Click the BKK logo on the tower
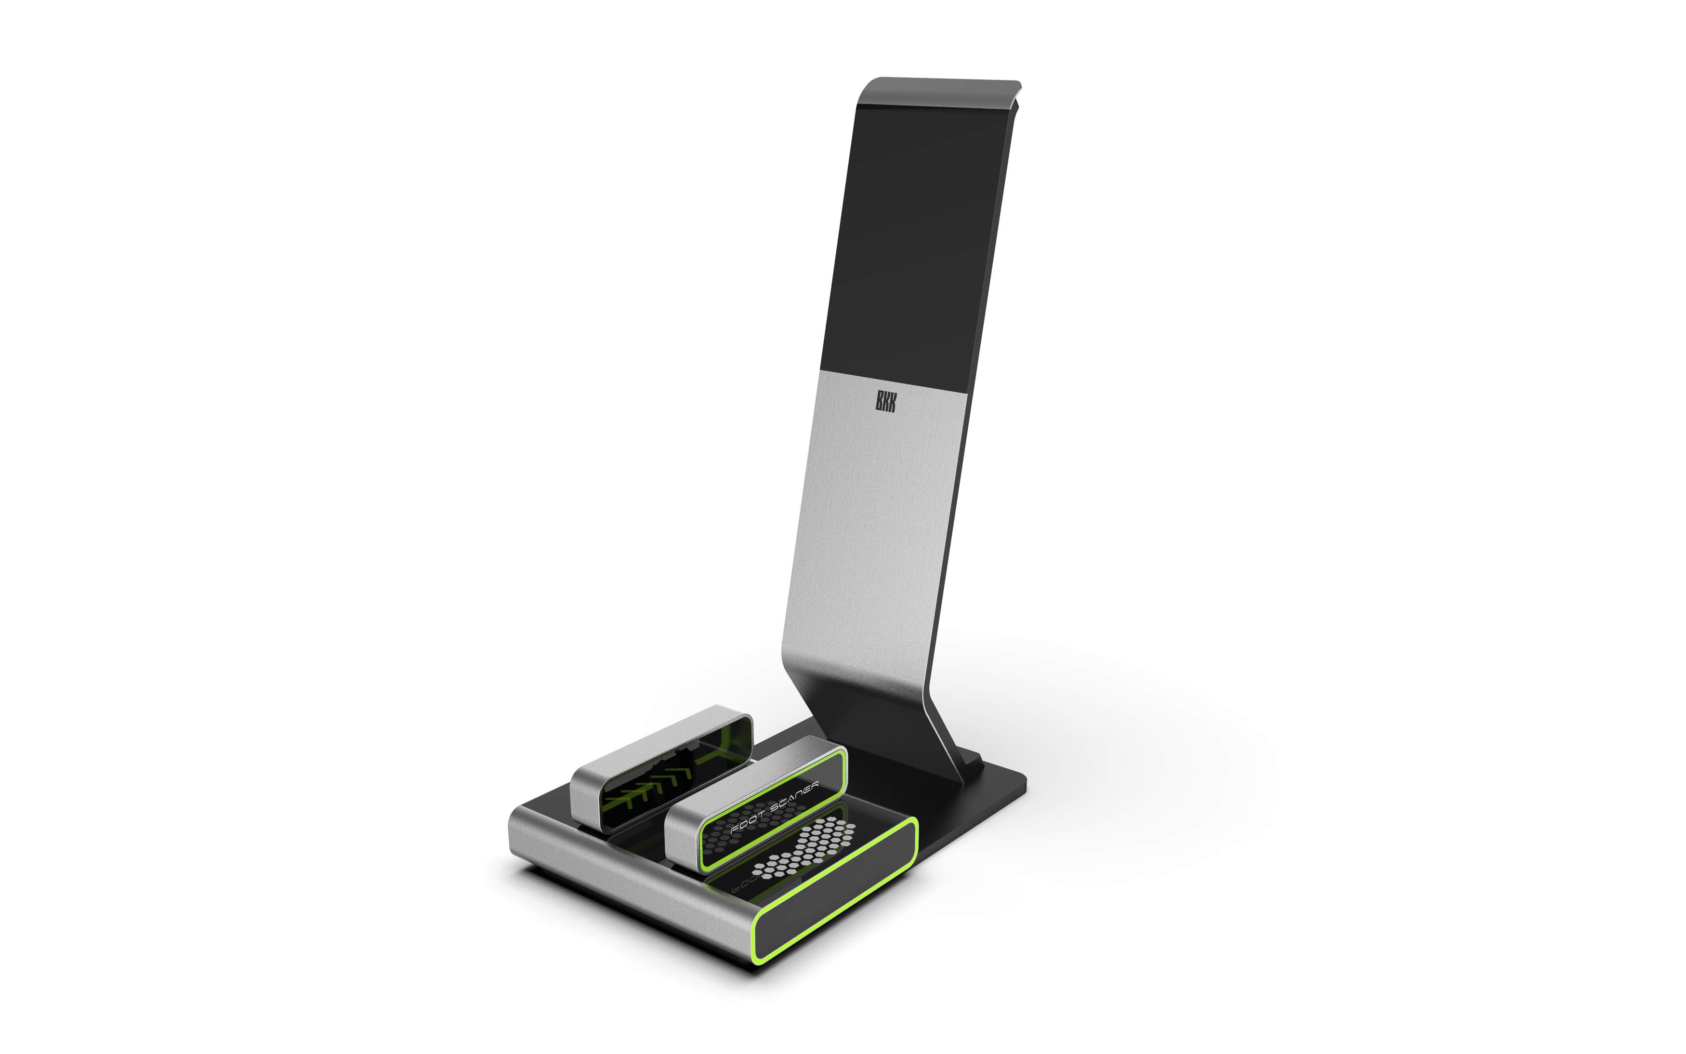(885, 402)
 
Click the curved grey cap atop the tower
(941, 89)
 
